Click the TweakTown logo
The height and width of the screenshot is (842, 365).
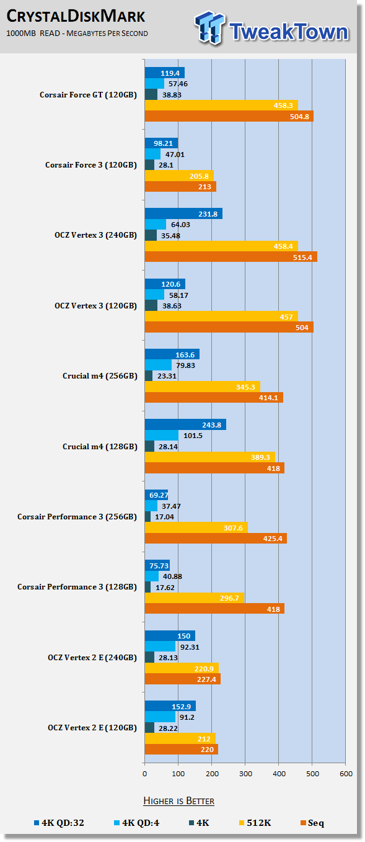coord(272,28)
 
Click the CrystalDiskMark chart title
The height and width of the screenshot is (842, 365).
coord(76,17)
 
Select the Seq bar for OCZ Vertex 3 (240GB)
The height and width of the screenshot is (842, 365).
coord(231,257)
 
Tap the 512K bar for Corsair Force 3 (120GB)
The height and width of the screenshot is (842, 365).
coord(179,176)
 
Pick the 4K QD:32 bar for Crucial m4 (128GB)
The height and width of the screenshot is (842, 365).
coord(185,425)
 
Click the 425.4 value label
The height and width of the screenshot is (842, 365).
coord(273,539)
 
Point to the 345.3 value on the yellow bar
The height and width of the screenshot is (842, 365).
coord(245,387)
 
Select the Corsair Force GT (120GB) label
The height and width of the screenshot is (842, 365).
coord(88,95)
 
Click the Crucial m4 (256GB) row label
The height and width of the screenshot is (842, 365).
coord(100,376)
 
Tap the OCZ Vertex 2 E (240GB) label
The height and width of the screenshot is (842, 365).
coord(92,658)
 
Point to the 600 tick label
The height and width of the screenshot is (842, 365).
coord(346,774)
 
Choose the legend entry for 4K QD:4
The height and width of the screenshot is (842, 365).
coord(137,823)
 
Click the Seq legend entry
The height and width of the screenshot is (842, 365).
coord(312,823)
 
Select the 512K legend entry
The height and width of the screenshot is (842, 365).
coord(255,823)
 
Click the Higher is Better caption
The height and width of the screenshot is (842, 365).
coord(178,801)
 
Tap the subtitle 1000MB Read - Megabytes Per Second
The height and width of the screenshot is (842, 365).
coord(77,34)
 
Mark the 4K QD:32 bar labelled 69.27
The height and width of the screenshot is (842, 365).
coord(157,495)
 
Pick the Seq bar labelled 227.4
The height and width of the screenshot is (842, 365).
coord(182,679)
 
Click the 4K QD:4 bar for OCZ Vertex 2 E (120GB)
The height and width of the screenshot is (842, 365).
coord(160,717)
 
